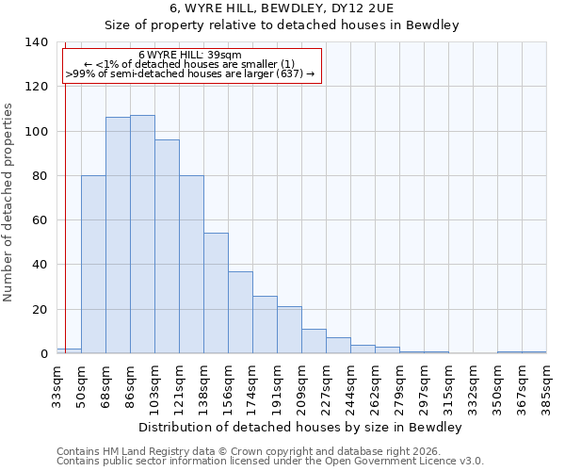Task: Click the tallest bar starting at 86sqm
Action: click(142, 235)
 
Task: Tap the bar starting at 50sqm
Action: click(93, 265)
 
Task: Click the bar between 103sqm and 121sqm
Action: click(167, 247)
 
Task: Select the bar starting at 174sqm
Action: click(265, 325)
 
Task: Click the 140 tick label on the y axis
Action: click(36, 42)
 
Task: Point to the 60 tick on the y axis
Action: click(40, 220)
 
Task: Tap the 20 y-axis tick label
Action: click(40, 310)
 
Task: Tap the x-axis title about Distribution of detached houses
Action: click(299, 427)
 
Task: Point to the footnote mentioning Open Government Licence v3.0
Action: click(270, 462)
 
